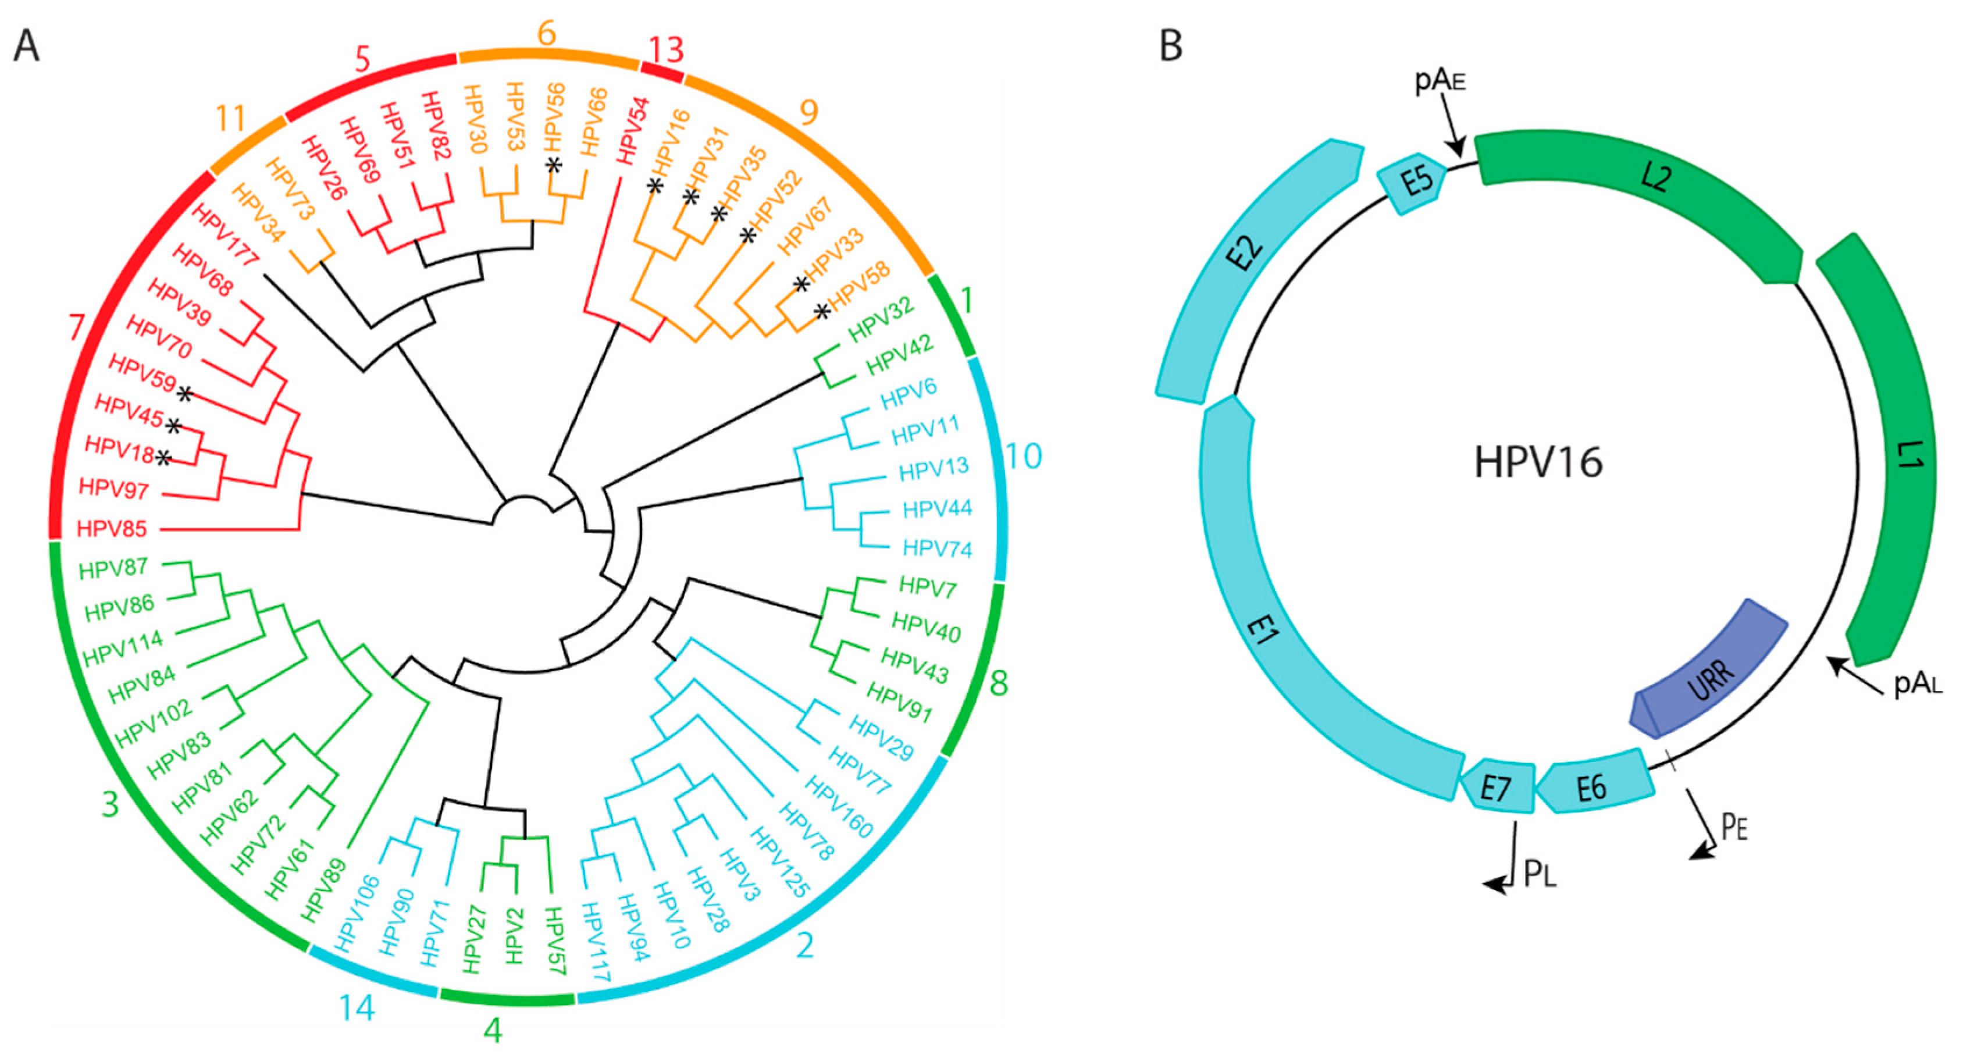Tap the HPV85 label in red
(x=112, y=528)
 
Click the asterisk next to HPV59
(x=185, y=394)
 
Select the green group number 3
(x=111, y=803)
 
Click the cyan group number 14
(x=356, y=1009)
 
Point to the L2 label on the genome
(x=1655, y=177)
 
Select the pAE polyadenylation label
(x=1440, y=80)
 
